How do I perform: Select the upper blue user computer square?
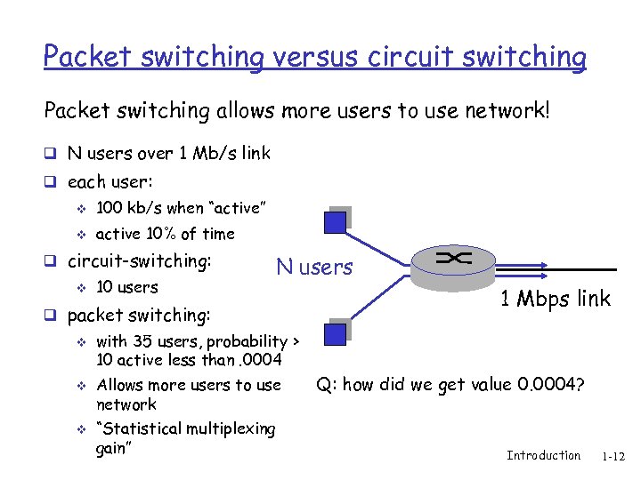[337, 220]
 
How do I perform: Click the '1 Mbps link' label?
[555, 299]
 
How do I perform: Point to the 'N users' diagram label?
[313, 268]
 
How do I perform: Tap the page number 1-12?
[613, 457]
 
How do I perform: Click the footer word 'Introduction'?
[543, 456]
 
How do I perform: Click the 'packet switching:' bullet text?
[139, 315]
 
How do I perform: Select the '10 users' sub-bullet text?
[126, 287]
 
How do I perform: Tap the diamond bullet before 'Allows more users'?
[79, 386]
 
